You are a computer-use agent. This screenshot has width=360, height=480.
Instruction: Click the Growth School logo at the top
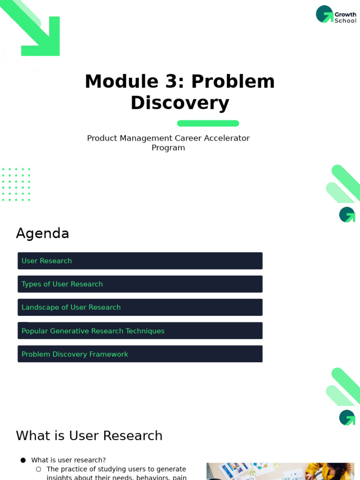tap(336, 15)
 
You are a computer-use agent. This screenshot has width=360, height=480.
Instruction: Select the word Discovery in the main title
tap(180, 103)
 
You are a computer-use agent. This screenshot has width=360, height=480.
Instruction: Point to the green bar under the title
tap(208, 123)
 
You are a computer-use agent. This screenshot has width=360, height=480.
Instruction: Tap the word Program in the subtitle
tap(168, 148)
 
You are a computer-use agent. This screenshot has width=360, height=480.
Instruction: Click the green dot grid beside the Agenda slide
tap(16, 185)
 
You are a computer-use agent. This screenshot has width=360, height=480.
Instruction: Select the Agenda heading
tap(43, 233)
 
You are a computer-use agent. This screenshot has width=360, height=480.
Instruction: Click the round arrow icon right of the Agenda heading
tap(347, 215)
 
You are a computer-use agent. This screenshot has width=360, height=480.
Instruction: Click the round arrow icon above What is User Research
tap(347, 418)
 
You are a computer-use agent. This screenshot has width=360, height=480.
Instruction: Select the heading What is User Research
tap(89, 436)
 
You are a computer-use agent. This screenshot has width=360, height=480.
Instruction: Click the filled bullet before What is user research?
tap(23, 460)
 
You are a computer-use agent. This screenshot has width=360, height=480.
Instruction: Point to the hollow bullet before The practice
tap(38, 469)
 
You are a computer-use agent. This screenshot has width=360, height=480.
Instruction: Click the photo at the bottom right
tap(280, 472)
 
